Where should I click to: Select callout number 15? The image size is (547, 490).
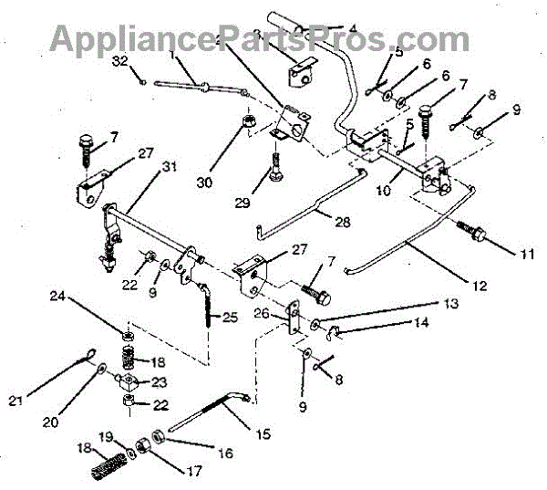click(x=263, y=434)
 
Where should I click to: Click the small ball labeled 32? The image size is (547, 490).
click(x=144, y=78)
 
